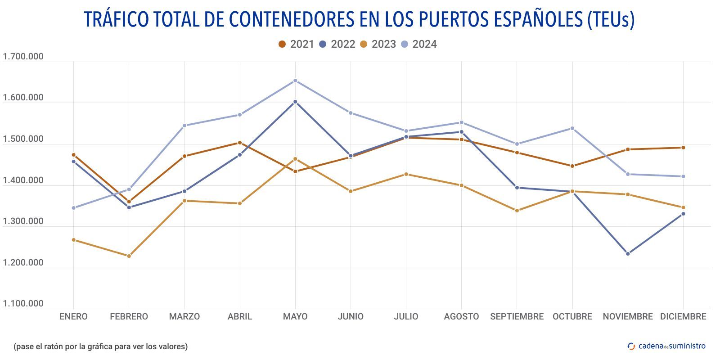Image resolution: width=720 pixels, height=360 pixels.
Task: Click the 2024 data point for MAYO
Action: coord(295,81)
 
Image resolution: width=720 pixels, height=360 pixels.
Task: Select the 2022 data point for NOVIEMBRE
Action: coord(628,254)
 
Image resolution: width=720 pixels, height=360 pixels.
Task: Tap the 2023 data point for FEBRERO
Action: coord(129,256)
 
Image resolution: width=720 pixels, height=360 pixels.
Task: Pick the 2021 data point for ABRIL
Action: coord(240,143)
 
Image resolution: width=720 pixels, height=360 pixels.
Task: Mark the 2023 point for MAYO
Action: coord(295,159)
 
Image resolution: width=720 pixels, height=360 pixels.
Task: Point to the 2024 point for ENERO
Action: coord(74,208)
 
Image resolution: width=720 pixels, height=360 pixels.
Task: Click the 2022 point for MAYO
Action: coord(295,102)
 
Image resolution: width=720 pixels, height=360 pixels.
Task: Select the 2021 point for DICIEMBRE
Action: coord(683,148)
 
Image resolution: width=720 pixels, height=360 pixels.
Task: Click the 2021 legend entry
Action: coord(296,44)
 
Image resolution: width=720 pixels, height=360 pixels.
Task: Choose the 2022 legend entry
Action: coord(337,44)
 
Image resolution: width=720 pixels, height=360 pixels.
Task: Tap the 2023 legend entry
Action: coord(378,44)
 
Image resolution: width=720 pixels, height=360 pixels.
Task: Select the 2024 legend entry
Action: coord(419,44)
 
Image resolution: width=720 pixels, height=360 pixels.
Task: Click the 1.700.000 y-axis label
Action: coord(23,57)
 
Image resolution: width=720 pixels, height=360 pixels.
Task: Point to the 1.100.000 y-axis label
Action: coord(23,304)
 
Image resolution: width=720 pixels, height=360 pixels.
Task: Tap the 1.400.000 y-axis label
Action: coord(23,180)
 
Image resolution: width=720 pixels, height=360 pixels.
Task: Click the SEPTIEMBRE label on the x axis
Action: coord(517,316)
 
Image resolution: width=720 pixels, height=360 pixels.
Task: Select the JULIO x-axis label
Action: coord(406,316)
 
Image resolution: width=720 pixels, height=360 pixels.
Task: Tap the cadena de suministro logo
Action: coord(666,346)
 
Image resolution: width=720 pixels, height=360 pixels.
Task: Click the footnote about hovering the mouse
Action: coord(100,346)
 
